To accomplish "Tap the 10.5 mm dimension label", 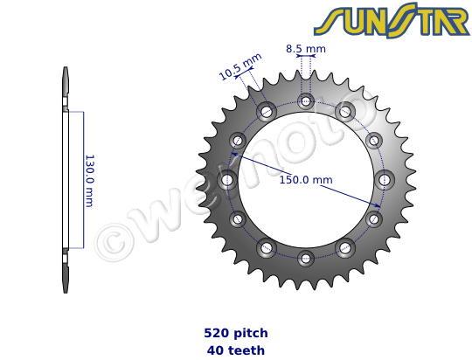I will point(239,66).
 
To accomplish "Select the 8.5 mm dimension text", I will point(305,50).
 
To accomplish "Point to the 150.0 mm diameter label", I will point(306,180).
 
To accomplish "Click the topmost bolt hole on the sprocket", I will point(305,100).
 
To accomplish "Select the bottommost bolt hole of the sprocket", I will point(305,258).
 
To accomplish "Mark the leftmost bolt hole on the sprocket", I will point(227,179).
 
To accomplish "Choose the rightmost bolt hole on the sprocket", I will point(384,179).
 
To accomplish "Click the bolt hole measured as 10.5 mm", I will point(266,111).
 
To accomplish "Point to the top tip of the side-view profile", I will point(66,71).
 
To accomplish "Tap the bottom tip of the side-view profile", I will point(66,291).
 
